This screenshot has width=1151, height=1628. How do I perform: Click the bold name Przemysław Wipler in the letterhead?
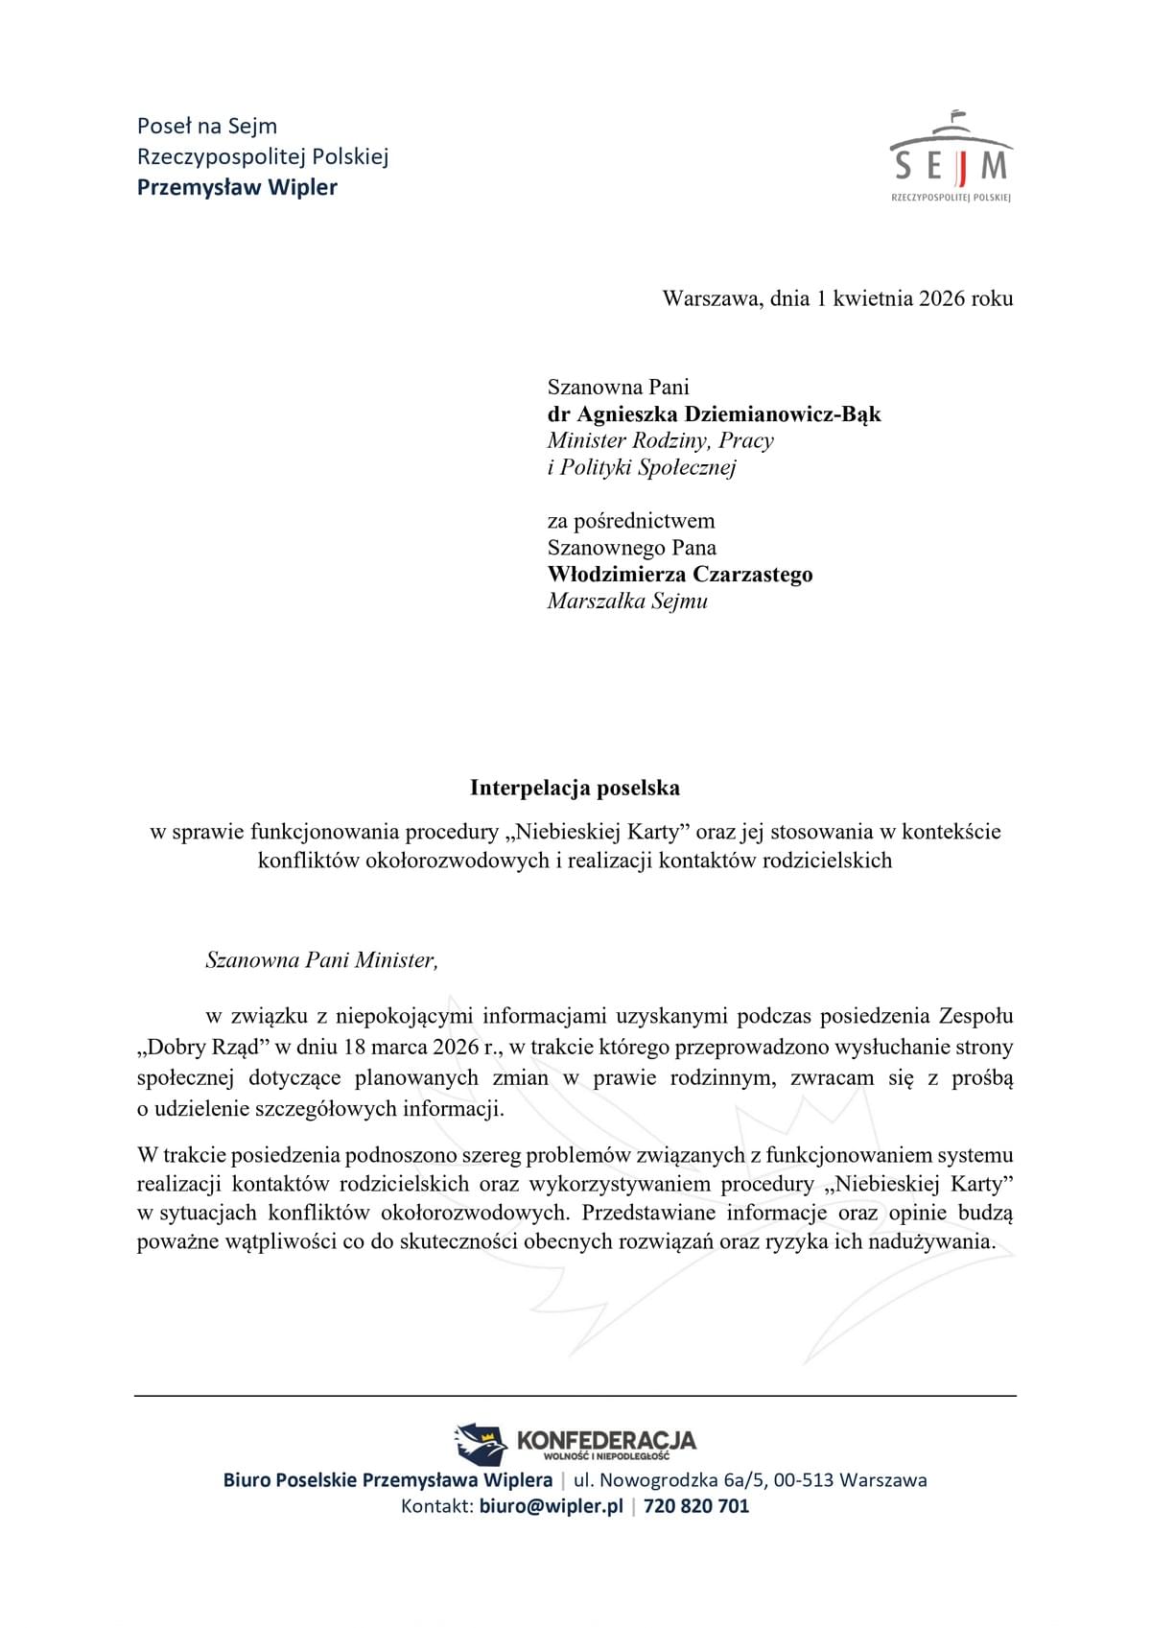[237, 187]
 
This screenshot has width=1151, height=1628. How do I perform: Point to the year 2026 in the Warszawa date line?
[941, 298]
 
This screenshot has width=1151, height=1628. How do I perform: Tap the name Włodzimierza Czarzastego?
[680, 575]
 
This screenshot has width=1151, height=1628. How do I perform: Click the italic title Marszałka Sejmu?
[627, 602]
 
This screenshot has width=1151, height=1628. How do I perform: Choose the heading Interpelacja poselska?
[575, 789]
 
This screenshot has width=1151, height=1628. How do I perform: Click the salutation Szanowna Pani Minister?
[321, 960]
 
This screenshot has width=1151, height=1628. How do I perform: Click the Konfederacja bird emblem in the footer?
[481, 1443]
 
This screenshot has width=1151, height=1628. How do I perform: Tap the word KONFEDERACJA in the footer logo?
[605, 1440]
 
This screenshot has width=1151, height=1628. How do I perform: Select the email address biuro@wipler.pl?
[551, 1506]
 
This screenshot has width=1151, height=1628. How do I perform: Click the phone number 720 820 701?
[696, 1506]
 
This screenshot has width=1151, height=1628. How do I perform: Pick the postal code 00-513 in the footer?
[804, 1480]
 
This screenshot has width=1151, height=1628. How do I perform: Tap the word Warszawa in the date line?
[712, 298]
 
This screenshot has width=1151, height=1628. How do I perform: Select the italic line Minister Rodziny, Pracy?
[660, 441]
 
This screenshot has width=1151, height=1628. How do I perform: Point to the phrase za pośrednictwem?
[630, 521]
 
